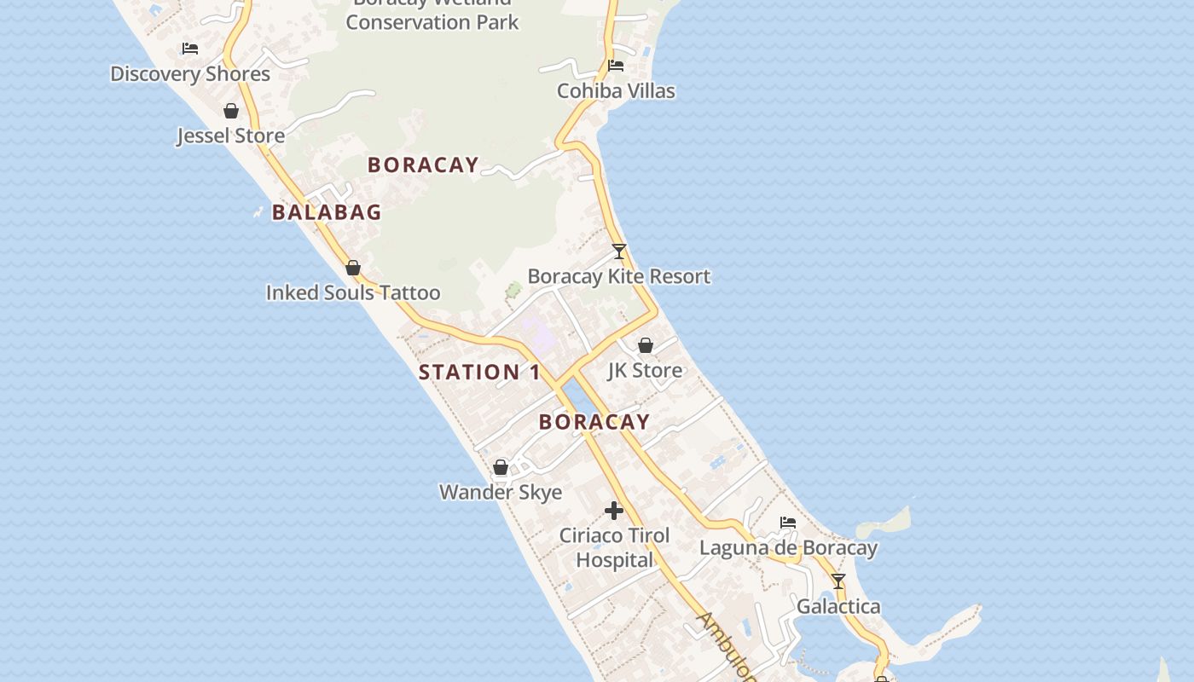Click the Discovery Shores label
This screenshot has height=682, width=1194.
190,74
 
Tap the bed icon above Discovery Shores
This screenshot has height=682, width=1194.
190,49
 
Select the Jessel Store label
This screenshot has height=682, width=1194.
230,136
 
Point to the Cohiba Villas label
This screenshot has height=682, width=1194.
616,91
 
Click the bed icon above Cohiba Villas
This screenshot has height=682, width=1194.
616,66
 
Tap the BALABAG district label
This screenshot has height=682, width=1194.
327,212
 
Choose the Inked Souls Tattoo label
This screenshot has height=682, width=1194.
353,293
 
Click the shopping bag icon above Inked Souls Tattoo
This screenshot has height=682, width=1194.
353,269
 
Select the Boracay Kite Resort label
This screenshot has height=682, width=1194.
619,276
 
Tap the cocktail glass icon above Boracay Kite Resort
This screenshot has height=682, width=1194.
619,251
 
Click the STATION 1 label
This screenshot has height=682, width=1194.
479,373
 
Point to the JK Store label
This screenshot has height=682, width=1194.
645,370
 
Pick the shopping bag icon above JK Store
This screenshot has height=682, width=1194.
646,345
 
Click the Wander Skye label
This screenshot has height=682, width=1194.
501,492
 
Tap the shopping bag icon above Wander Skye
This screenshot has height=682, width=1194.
501,467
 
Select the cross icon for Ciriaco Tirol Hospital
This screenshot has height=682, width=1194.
614,511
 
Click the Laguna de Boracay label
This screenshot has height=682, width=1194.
788,547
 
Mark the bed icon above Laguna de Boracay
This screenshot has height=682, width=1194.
788,523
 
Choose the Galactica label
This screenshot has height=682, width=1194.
838,606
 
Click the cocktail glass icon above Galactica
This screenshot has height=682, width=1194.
838,581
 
